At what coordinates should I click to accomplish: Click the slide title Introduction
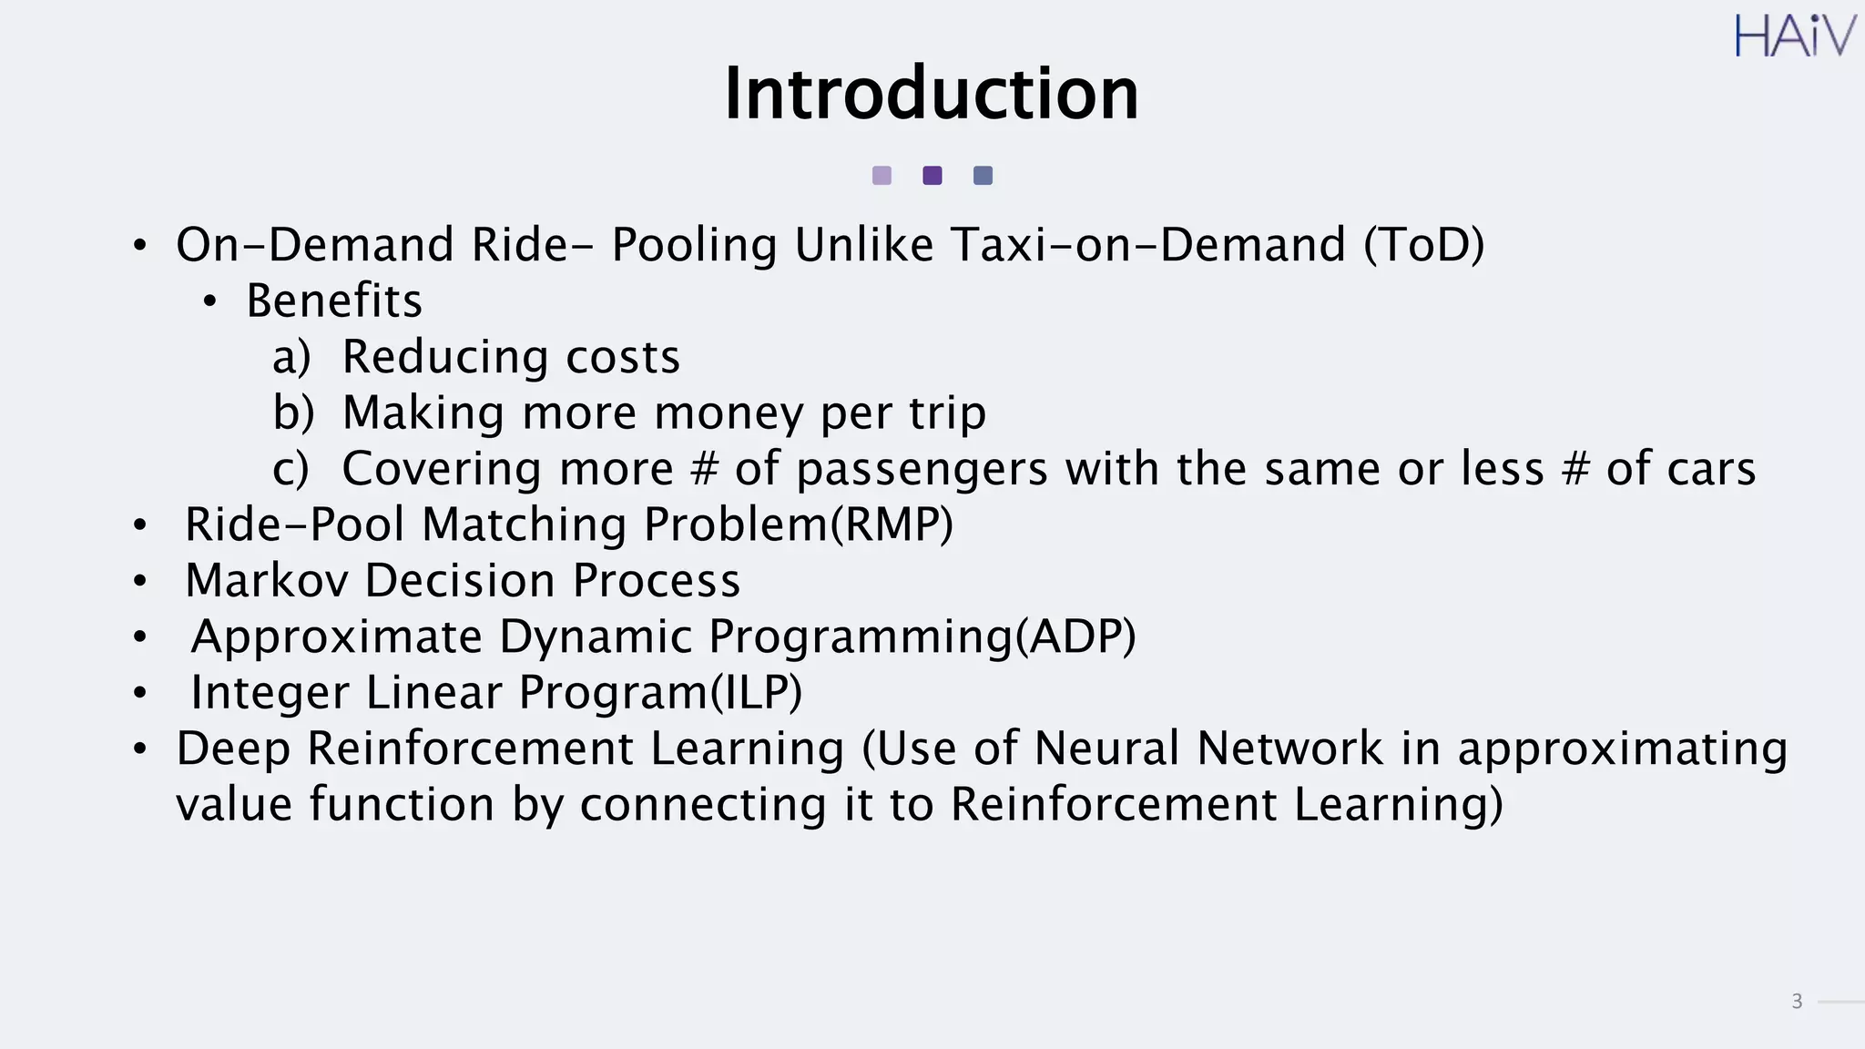pyautogui.click(x=931, y=94)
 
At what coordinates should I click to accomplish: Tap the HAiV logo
pyautogui.click(x=1794, y=37)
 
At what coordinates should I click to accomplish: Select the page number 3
pyautogui.click(x=1797, y=1002)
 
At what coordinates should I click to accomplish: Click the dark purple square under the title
pyautogui.click(x=932, y=176)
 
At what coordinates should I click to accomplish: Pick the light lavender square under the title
pyautogui.click(x=882, y=176)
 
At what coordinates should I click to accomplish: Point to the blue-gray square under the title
pyautogui.click(x=983, y=176)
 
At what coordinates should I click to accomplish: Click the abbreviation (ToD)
pyautogui.click(x=1423, y=245)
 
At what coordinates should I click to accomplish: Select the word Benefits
pyautogui.click(x=334, y=300)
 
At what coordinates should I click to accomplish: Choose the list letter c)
pyautogui.click(x=290, y=469)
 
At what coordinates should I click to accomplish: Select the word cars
pyautogui.click(x=1707, y=470)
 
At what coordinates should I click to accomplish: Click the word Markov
pyautogui.click(x=267, y=581)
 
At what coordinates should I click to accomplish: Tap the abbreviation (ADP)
pyautogui.click(x=1075, y=637)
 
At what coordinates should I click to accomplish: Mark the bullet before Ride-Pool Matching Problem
pyautogui.click(x=139, y=525)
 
